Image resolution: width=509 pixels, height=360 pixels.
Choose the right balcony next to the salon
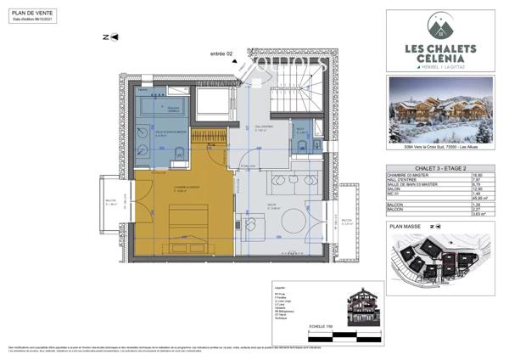click(x=348, y=224)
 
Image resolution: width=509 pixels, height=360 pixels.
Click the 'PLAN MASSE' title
click(x=406, y=228)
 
